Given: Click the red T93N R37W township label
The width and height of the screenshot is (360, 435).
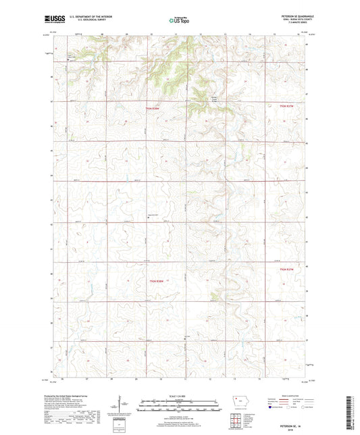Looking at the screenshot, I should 288,105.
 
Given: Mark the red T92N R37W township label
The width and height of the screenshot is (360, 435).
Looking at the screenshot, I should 288,270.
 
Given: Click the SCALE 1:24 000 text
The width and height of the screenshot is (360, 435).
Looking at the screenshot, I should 179,396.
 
